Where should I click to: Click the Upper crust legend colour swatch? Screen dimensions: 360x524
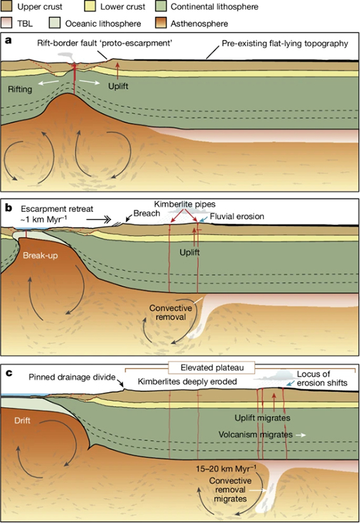pyautogui.click(x=7, y=6)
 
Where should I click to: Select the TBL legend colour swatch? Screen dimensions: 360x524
pyautogui.click(x=7, y=23)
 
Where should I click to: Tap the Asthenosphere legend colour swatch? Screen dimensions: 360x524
pyautogui.click(x=161, y=23)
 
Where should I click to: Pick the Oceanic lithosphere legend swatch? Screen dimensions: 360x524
pyautogui.click(x=55, y=23)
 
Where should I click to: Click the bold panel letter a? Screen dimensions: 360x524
pyautogui.click(x=8, y=41)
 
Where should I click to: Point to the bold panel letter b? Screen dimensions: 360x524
pyautogui.click(x=8, y=207)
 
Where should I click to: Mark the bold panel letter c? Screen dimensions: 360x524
pyautogui.click(x=8, y=372)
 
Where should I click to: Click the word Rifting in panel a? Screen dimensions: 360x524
pyautogui.click(x=20, y=89)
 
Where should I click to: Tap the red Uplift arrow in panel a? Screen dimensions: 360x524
pyautogui.click(x=117, y=70)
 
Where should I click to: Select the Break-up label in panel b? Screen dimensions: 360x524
pyautogui.click(x=40, y=256)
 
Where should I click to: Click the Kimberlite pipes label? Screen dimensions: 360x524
pyautogui.click(x=185, y=204)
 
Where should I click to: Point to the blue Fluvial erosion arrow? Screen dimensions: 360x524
pyautogui.click(x=203, y=218)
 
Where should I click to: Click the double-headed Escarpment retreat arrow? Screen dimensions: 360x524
pyautogui.click(x=98, y=219)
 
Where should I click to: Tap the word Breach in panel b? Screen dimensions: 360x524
pyautogui.click(x=147, y=214)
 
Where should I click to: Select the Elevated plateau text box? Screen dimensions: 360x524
pyautogui.click(x=212, y=368)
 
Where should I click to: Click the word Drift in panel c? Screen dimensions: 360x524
pyautogui.click(x=22, y=421)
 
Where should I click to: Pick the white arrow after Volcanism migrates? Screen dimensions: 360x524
pyautogui.click(x=300, y=435)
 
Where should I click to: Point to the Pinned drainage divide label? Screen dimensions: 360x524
pyautogui.click(x=72, y=377)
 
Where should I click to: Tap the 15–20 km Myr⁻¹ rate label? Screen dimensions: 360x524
pyautogui.click(x=226, y=469)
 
